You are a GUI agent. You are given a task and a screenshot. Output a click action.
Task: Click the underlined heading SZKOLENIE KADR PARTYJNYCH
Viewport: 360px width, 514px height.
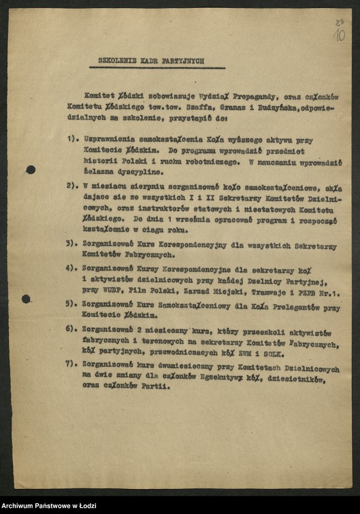tap(151, 61)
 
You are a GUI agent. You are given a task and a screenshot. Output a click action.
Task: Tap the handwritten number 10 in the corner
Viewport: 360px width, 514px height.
tap(339, 34)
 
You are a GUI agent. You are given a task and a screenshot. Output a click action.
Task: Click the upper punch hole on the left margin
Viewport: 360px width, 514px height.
tap(31, 169)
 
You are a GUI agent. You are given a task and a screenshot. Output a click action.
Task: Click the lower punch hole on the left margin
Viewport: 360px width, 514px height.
tap(26, 299)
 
